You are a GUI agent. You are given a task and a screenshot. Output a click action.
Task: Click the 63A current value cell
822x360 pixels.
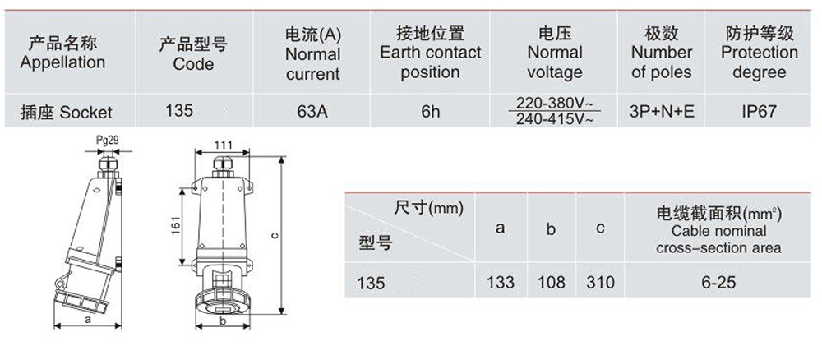click(312, 111)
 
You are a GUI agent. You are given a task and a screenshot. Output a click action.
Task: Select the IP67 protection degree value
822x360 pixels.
click(758, 111)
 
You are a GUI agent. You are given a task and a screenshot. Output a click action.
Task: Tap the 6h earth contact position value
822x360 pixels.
click(430, 111)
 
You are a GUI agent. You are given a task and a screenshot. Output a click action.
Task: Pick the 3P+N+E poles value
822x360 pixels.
click(662, 111)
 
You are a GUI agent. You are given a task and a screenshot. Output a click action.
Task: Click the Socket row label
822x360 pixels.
click(68, 111)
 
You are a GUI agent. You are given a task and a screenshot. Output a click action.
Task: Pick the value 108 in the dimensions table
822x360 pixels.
click(552, 283)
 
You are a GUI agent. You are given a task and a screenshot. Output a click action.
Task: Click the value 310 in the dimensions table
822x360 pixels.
click(601, 283)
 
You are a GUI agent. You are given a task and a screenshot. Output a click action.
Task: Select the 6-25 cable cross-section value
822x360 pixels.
click(718, 283)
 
